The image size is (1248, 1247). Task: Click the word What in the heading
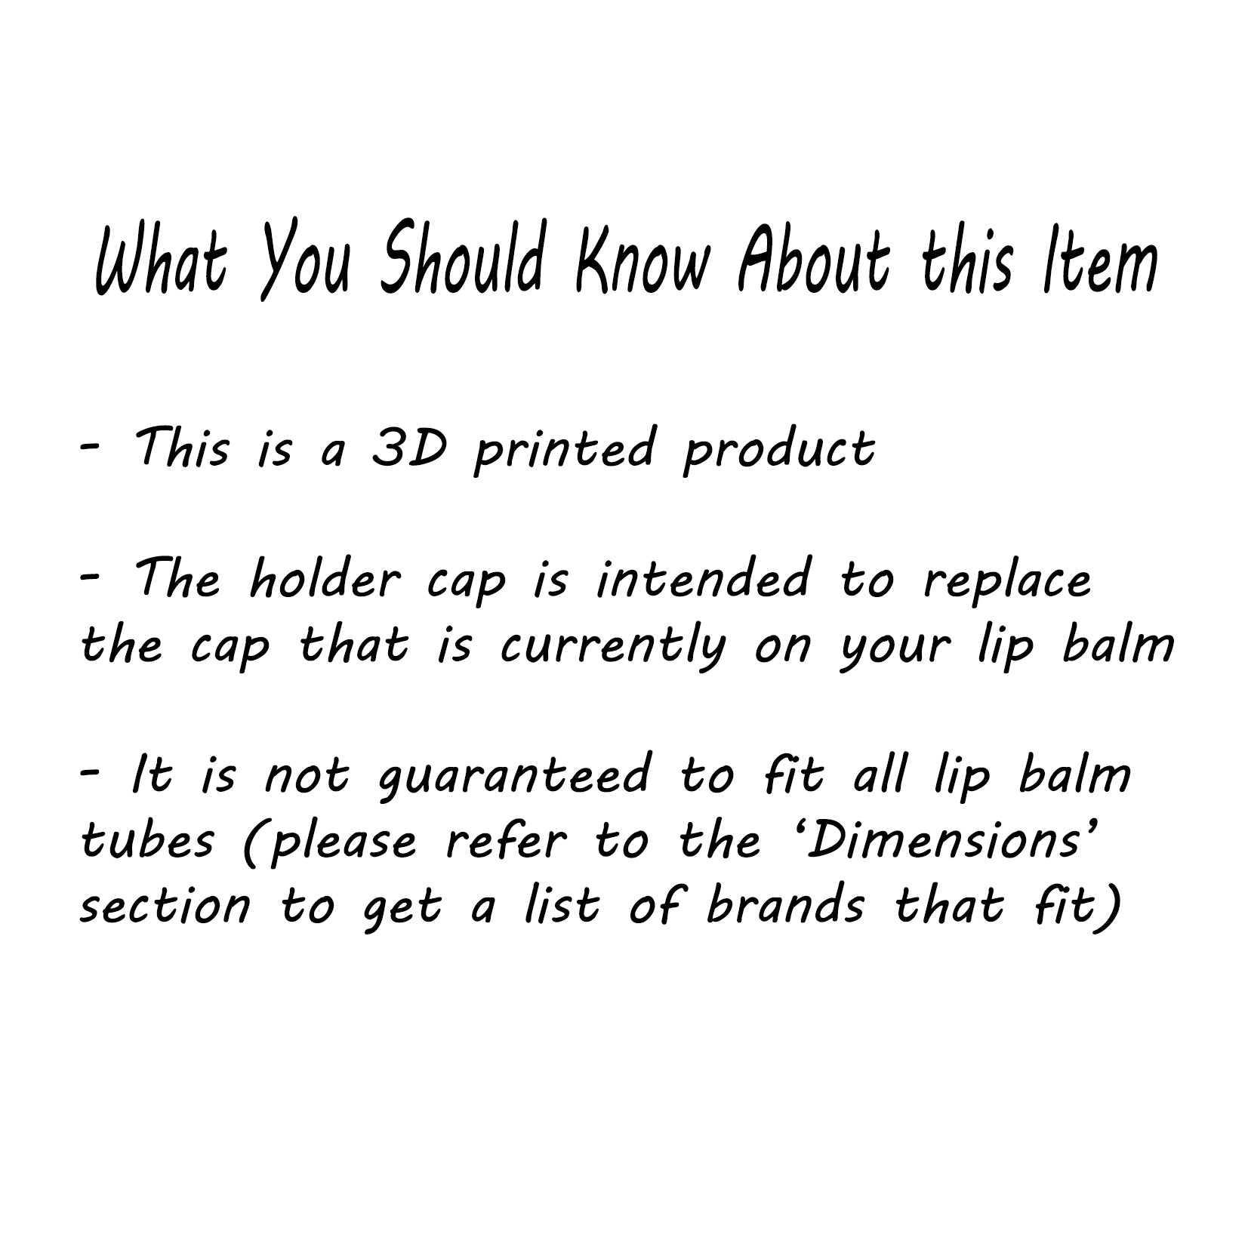coord(161,259)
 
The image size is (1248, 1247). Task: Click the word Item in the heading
coord(1099,257)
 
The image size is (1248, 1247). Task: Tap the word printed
coord(563,451)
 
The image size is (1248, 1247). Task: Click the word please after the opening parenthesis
coord(342,843)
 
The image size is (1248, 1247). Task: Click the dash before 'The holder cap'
coord(90,576)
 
